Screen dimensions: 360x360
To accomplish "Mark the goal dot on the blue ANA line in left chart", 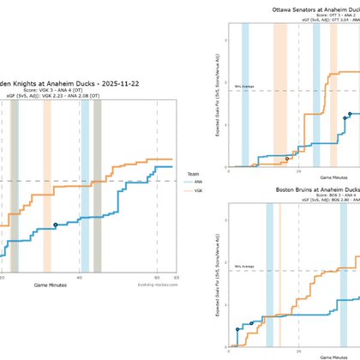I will (x=56, y=225).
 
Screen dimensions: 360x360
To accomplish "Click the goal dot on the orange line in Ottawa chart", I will (x=287, y=159).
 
